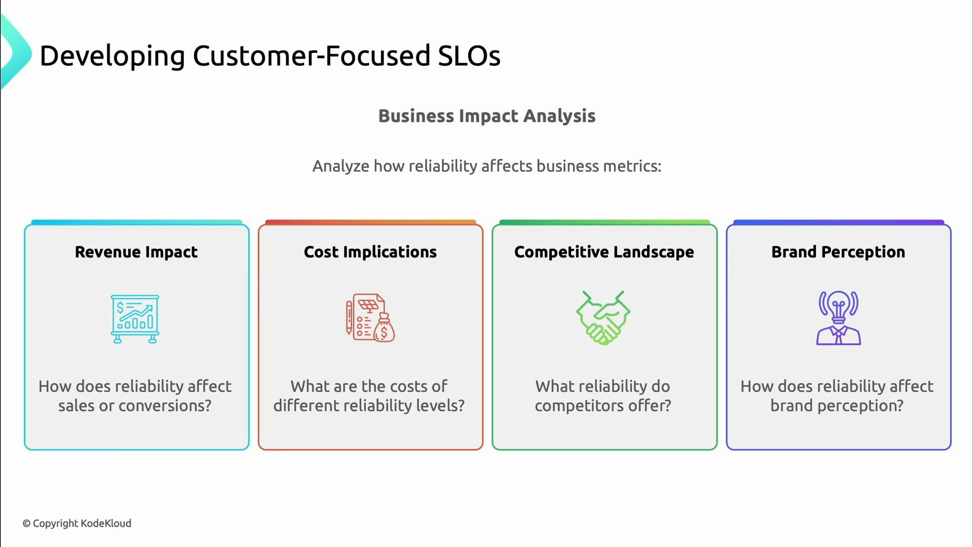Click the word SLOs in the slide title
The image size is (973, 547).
point(469,56)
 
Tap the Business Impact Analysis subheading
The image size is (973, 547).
point(486,116)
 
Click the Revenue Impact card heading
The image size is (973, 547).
point(136,252)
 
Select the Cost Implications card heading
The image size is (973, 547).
point(370,252)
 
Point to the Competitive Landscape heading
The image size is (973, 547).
point(604,252)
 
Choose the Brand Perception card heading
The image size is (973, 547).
point(838,252)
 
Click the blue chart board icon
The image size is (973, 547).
point(135,319)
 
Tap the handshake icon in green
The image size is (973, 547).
point(603,319)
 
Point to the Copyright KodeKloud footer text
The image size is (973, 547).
point(77,523)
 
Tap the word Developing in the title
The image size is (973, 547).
point(112,57)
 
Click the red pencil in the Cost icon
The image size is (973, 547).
point(349,318)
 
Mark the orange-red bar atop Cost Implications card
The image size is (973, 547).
point(370,222)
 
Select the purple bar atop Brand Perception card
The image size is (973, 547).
point(838,222)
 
